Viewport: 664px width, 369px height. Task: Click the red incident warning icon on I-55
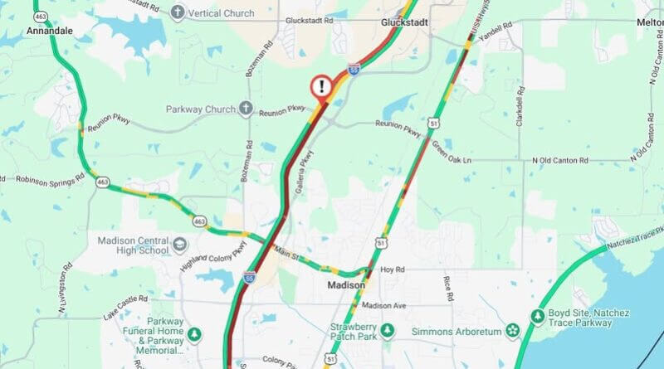pyautogui.click(x=321, y=86)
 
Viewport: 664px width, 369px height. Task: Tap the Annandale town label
pyautogui.click(x=50, y=30)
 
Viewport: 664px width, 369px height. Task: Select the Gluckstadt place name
pyautogui.click(x=404, y=22)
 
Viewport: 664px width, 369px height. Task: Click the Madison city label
pyautogui.click(x=344, y=284)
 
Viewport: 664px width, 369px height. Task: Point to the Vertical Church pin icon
pyautogui.click(x=177, y=12)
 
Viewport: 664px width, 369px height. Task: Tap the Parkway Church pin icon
pyautogui.click(x=246, y=109)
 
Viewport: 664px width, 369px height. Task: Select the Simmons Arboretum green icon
pyautogui.click(x=512, y=332)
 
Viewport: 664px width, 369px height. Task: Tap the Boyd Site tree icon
pyautogui.click(x=537, y=315)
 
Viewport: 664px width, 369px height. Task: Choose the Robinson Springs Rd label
pyautogui.click(x=46, y=178)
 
